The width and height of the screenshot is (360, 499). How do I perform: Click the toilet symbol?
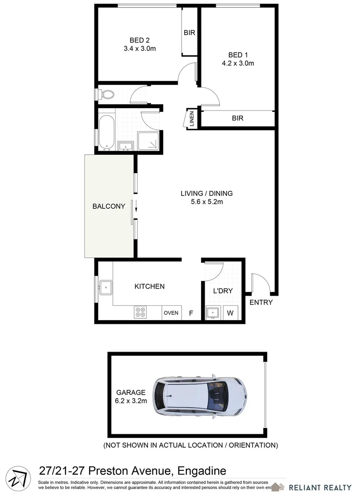click(x=107, y=95)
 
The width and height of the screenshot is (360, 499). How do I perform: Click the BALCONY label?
click(x=109, y=207)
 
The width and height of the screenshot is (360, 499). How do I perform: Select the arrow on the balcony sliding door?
click(x=136, y=210)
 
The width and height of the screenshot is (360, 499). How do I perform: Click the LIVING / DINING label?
click(x=207, y=193)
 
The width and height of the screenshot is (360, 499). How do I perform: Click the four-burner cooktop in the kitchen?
click(x=140, y=312)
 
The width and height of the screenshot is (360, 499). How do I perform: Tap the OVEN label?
click(x=171, y=313)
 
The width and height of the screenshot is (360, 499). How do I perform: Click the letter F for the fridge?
click(x=190, y=313)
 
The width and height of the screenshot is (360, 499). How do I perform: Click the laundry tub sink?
click(x=213, y=312)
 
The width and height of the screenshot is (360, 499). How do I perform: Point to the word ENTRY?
click(x=261, y=303)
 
